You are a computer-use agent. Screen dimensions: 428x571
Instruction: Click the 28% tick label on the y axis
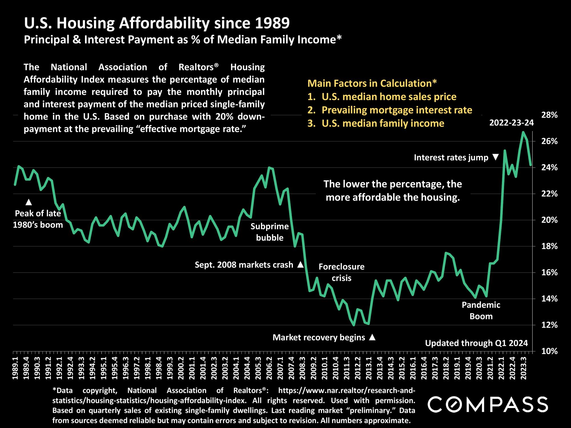coord(549,115)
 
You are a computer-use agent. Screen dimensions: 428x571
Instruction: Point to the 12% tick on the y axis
coord(549,325)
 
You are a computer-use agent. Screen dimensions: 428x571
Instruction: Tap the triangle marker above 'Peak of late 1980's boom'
coord(29,202)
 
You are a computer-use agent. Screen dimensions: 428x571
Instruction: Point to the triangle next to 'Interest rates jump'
coord(496,157)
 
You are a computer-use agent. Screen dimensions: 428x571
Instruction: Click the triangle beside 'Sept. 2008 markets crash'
coord(300,265)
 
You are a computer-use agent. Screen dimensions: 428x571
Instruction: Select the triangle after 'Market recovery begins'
coord(372,337)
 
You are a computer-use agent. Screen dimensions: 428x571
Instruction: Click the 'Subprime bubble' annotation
coord(270,232)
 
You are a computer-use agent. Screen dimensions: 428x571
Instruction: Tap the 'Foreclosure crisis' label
coord(341,272)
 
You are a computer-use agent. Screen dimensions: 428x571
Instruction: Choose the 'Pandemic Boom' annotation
coord(481,310)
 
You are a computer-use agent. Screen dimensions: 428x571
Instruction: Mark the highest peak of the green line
coord(523,132)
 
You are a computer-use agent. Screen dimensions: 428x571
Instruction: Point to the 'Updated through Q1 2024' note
coord(476,343)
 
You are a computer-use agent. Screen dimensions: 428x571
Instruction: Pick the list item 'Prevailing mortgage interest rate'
coord(397,110)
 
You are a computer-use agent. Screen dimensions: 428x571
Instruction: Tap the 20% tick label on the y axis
coord(549,220)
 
